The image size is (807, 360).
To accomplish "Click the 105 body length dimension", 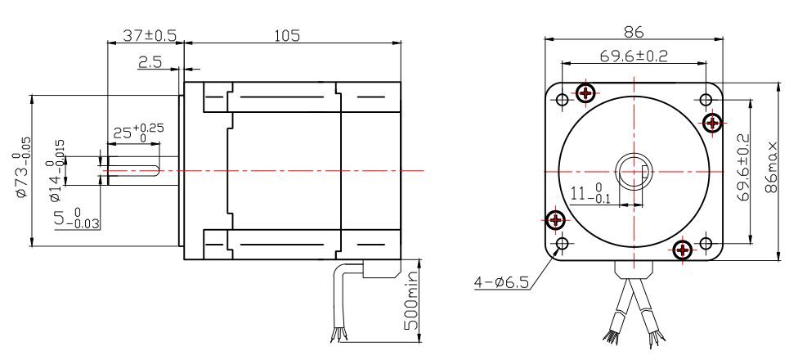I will [x=287, y=35].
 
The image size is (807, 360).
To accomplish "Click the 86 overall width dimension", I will [x=634, y=33].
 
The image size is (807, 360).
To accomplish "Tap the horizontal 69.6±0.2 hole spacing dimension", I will [x=634, y=56].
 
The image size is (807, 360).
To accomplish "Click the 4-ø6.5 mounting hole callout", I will [x=501, y=283].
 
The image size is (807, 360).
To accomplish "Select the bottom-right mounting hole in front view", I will [x=706, y=244].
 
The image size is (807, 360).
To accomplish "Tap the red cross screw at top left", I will [x=585, y=92].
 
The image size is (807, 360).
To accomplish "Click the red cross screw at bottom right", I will [x=684, y=249].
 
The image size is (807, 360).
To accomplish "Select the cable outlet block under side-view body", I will [x=381, y=269].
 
